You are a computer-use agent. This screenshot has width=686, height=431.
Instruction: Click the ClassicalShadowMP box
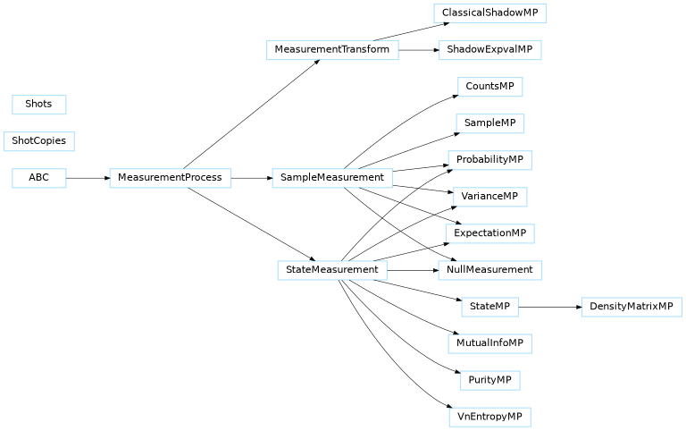click(x=489, y=13)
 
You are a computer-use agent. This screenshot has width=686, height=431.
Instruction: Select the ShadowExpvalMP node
click(x=489, y=50)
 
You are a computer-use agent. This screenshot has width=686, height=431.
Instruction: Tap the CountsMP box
click(x=489, y=87)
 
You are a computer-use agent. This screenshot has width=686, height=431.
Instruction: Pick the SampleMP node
click(x=489, y=123)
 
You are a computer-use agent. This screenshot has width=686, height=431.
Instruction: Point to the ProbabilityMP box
click(x=489, y=160)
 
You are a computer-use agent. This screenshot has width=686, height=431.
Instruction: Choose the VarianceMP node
click(x=489, y=197)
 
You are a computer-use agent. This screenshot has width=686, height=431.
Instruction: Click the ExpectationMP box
click(x=489, y=233)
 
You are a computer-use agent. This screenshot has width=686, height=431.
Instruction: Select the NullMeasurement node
click(x=489, y=270)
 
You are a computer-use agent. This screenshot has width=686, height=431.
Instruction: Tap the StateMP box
click(x=489, y=307)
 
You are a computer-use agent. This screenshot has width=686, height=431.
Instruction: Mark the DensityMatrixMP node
click(x=632, y=307)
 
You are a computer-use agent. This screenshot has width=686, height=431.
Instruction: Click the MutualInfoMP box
click(x=489, y=343)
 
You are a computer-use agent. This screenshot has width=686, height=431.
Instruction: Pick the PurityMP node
click(x=489, y=380)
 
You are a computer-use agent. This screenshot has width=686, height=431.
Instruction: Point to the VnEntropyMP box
click(x=489, y=417)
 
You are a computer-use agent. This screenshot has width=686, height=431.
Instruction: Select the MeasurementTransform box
click(x=332, y=50)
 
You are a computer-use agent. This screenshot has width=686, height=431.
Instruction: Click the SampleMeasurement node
click(x=332, y=178)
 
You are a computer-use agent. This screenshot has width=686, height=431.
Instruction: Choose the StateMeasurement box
click(x=332, y=270)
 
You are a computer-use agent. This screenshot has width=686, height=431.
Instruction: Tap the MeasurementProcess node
click(x=170, y=178)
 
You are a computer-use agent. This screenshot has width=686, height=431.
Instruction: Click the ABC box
click(x=39, y=178)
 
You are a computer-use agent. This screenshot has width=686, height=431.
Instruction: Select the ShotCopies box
click(x=39, y=141)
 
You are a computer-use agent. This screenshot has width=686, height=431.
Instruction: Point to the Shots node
click(x=39, y=105)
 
